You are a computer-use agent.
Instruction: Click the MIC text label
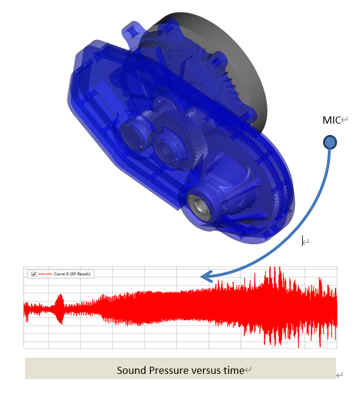(331, 120)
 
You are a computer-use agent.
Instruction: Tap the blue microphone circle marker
(330, 142)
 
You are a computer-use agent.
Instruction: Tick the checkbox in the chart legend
(33, 274)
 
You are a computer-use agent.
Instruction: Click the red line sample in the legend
(45, 274)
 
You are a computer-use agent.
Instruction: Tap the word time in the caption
(234, 370)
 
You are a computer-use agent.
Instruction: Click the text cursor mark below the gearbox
(304, 241)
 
